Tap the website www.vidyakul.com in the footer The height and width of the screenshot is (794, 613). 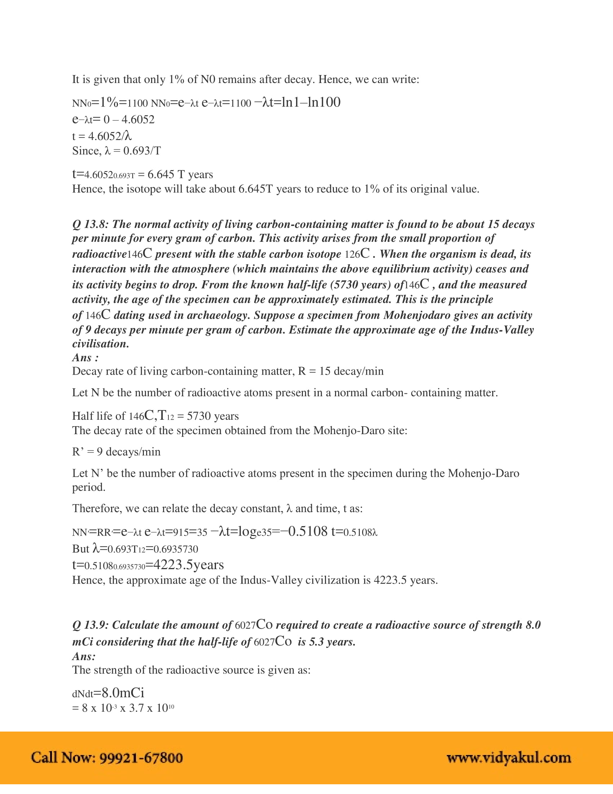(508, 758)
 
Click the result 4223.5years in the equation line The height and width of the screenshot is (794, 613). (189, 564)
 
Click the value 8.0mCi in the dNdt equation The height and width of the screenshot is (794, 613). (123, 693)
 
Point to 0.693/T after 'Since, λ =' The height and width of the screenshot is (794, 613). (142, 151)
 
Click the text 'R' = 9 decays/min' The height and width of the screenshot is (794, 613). (116, 452)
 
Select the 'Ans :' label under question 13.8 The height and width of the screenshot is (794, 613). (85, 358)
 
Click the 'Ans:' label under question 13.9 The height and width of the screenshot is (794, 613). (84, 656)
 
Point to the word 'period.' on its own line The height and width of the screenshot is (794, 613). (89, 487)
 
